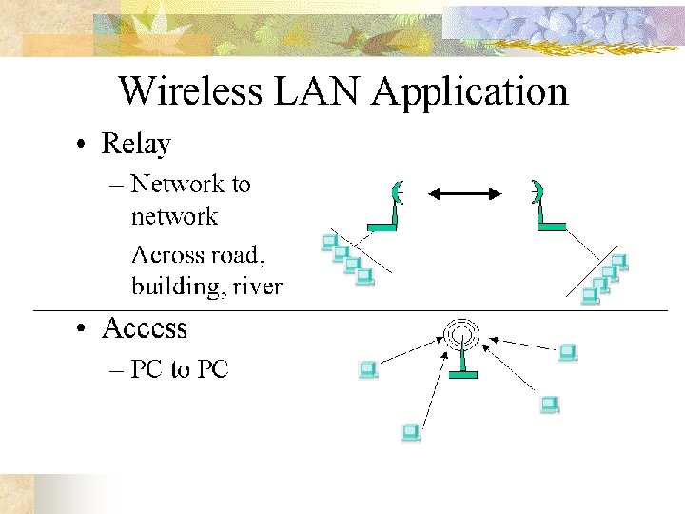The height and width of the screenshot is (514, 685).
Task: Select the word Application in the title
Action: click(x=470, y=91)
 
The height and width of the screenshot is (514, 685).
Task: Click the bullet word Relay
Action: click(x=136, y=145)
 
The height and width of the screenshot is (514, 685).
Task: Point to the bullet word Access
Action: click(x=145, y=328)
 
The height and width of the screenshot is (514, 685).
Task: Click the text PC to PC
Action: click(x=179, y=369)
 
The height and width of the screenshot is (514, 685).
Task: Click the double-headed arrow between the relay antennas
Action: click(x=464, y=194)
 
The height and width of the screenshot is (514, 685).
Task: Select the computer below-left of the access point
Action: click(x=411, y=433)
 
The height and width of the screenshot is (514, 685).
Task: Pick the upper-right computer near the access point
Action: click(x=568, y=353)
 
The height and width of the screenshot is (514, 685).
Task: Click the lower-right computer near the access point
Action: click(x=549, y=405)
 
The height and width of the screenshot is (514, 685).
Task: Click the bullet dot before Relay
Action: click(x=85, y=146)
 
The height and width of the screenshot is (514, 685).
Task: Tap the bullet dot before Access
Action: click(x=85, y=329)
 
